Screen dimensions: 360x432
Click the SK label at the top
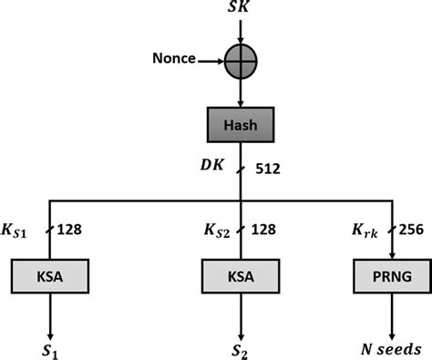(241, 9)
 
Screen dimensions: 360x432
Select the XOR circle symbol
(241, 62)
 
